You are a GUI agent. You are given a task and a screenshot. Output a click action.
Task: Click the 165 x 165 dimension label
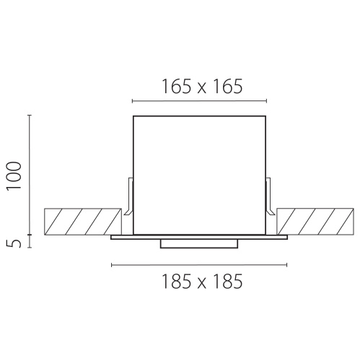click(202, 87)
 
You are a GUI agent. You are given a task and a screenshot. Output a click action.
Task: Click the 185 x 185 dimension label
click(202, 282)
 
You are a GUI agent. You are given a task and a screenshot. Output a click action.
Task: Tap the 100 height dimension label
click(14, 176)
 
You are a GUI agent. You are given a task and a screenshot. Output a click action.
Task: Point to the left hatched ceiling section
click(83, 222)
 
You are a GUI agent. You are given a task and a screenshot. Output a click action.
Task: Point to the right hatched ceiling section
click(315, 222)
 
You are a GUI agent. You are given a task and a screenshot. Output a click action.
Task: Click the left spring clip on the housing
click(128, 196)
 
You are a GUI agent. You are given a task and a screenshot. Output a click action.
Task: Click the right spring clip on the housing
click(271, 196)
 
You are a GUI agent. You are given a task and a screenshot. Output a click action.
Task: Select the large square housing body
click(199, 175)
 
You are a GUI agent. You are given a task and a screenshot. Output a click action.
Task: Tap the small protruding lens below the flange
click(199, 243)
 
